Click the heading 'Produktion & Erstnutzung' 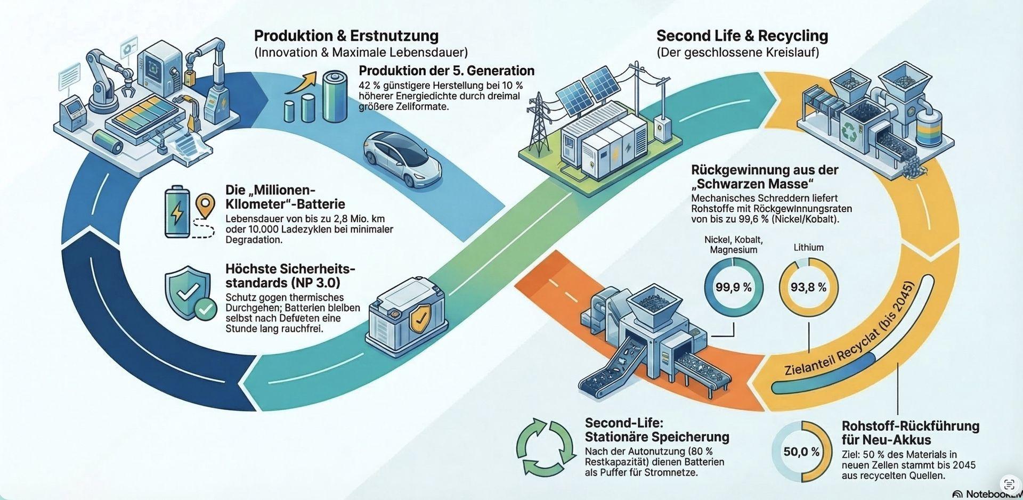(346, 36)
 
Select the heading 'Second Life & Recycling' (742, 36)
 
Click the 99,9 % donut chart (733, 288)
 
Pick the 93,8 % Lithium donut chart (808, 288)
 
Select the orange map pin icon (205, 206)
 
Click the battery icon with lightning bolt (176, 212)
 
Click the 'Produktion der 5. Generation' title (446, 71)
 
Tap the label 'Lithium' (808, 248)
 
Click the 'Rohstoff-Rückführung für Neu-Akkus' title (910, 433)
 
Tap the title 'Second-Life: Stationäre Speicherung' (656, 430)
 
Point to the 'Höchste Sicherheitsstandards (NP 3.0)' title (290, 275)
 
